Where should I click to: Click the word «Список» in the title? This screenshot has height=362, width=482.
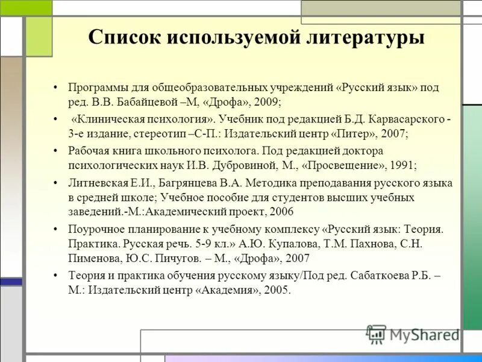[x=124, y=37]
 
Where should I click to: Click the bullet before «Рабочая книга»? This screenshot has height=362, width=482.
[x=55, y=151]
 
